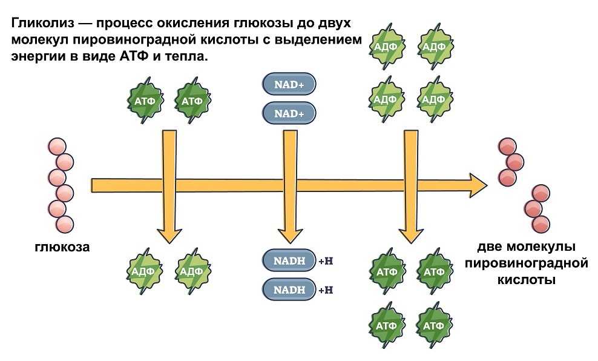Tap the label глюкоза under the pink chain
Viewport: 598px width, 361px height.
(62, 247)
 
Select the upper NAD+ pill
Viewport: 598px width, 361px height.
(289, 85)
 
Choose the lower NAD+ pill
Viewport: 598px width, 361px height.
(289, 113)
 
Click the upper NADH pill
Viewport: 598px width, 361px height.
(289, 260)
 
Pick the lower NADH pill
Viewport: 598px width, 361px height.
(289, 289)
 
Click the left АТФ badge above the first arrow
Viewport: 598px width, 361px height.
(146, 100)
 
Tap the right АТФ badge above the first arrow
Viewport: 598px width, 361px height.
(192, 100)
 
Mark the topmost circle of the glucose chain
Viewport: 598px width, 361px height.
(57, 147)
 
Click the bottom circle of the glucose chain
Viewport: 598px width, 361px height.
(64, 224)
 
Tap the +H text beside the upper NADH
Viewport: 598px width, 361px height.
(326, 261)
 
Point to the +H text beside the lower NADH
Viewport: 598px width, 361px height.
(326, 290)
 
